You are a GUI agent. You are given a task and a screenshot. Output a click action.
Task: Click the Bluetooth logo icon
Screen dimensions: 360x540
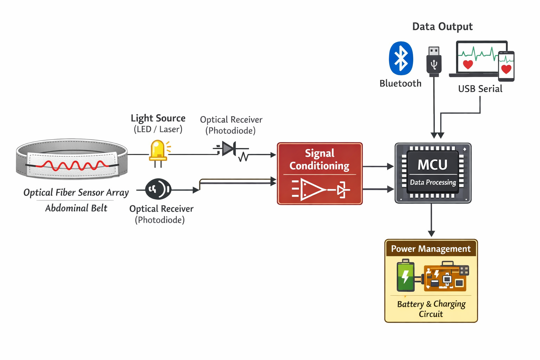coord(401,58)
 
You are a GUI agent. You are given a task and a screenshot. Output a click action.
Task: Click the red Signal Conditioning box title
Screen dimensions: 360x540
coord(319,159)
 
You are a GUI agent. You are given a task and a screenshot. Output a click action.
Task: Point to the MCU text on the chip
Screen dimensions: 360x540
coord(432,165)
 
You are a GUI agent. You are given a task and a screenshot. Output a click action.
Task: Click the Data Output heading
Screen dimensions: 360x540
coord(442,27)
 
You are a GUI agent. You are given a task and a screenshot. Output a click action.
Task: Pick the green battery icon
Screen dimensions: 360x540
coord(405,276)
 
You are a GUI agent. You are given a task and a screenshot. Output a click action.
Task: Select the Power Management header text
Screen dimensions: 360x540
coord(431,249)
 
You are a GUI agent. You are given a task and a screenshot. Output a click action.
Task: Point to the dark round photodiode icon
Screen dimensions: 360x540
coord(158,189)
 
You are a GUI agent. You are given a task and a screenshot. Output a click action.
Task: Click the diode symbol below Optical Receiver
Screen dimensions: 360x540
coord(229,149)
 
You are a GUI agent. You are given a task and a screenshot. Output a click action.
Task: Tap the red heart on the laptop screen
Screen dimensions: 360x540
coord(468,64)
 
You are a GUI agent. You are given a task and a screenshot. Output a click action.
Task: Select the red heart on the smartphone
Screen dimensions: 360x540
coord(506,69)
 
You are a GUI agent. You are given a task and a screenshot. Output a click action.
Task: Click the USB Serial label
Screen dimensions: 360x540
coord(480,89)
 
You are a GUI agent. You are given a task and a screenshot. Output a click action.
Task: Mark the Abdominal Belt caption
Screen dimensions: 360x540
coord(76,208)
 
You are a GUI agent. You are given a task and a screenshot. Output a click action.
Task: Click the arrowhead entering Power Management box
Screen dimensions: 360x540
coord(431,234)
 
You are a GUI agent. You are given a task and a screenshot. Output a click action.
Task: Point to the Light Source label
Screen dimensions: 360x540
coord(158,118)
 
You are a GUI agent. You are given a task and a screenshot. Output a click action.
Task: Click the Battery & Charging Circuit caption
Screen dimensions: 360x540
coord(431,309)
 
